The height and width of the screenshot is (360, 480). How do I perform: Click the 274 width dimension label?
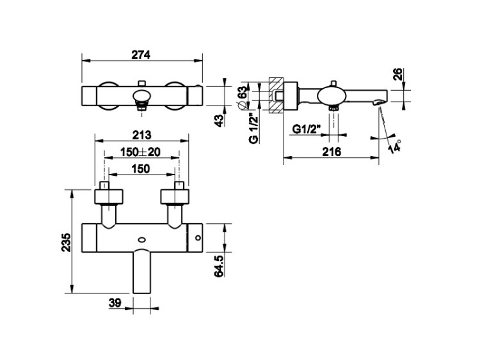[141, 55]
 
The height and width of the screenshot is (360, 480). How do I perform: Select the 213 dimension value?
[142, 134]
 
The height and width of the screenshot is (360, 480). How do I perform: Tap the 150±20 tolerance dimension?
[140, 152]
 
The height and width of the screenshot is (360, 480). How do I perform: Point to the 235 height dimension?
[66, 242]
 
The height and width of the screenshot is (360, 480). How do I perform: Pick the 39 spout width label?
[115, 303]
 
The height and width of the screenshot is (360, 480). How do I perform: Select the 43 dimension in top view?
[219, 120]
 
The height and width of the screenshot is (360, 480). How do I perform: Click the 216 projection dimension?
[332, 152]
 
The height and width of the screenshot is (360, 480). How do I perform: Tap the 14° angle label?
[395, 146]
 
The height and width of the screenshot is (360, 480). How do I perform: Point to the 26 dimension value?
[397, 74]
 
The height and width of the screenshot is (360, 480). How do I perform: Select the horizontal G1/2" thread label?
[306, 129]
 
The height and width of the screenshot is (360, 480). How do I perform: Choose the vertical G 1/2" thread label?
[253, 129]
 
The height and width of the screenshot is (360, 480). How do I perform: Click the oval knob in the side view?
[332, 95]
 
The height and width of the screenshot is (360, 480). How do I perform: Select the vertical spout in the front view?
[142, 272]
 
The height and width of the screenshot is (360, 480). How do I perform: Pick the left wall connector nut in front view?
[109, 197]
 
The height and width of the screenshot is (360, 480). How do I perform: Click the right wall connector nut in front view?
[175, 197]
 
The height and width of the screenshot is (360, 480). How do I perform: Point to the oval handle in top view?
[141, 96]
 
